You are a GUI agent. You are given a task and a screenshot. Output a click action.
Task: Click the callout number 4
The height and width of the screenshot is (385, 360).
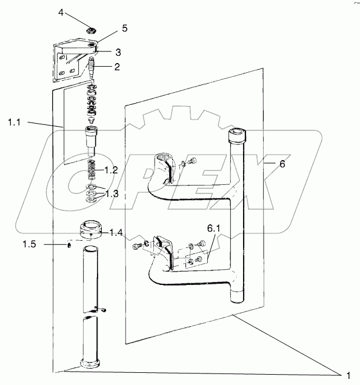pos(61,12)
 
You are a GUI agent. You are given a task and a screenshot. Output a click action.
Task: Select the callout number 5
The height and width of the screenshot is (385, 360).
pos(125,28)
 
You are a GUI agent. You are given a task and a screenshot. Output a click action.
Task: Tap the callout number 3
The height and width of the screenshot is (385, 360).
pos(118,52)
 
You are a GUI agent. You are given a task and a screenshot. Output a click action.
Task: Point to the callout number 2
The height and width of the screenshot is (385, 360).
pos(117,67)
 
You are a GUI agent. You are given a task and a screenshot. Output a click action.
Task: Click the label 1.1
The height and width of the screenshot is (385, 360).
pos(14,122)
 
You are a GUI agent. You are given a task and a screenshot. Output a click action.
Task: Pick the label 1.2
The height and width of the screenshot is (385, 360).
pos(111,170)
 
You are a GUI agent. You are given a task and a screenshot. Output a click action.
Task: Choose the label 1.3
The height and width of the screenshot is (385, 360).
pos(112,194)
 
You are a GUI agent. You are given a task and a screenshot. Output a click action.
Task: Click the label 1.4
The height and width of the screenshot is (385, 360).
pos(116,232)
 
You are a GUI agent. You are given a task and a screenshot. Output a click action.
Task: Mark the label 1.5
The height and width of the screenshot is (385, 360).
pos(29,244)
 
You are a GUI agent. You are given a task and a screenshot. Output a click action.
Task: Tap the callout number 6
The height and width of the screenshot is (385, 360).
pos(282,164)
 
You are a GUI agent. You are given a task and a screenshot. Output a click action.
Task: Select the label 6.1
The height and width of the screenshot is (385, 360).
pos(213,229)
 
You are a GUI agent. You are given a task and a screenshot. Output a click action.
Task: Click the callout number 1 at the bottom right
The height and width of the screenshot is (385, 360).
pos(348,376)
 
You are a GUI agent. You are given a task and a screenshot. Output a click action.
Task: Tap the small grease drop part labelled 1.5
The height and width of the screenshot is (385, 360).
pos(69,246)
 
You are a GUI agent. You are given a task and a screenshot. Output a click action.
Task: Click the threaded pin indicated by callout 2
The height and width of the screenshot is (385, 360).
pos(92,67)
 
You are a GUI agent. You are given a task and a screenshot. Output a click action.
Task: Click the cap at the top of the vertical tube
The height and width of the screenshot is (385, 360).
pos(238,135)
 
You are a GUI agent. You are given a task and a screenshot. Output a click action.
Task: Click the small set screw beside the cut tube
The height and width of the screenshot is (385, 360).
pos(103,310)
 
